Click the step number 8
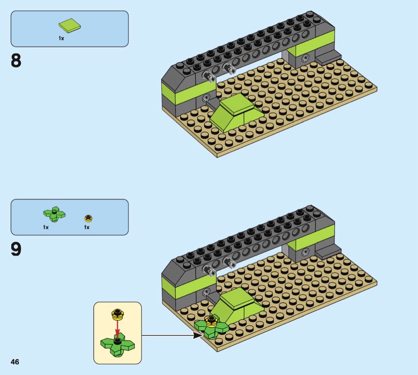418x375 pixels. tap(16, 61)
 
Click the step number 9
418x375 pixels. tap(16, 250)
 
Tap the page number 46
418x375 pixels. tap(15, 362)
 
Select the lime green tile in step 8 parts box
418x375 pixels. tap(70, 26)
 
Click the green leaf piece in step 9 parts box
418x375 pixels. tap(54, 214)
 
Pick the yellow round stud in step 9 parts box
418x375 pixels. tap(88, 218)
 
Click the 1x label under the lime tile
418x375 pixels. tap(61, 38)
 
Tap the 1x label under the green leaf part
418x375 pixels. tap(46, 227)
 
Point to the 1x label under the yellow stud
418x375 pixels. tap(87, 227)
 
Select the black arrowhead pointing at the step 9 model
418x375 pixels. tap(197, 335)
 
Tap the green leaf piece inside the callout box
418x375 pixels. tap(117, 344)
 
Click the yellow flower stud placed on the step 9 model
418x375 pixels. tap(211, 321)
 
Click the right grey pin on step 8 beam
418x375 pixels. tap(229, 69)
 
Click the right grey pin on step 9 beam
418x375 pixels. tap(229, 262)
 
